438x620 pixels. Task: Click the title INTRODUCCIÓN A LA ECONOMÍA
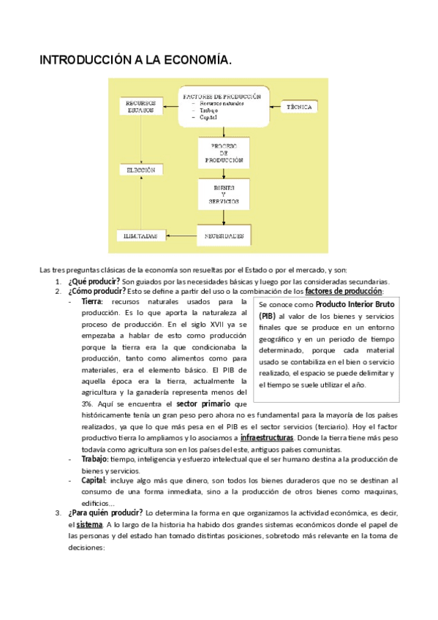[x=135, y=61]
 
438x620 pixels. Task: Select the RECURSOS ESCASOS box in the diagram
[x=140, y=107]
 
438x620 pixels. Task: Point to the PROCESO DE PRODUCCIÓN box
[x=224, y=153]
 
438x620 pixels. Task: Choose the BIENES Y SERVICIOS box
[x=224, y=194]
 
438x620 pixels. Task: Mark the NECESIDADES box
[x=224, y=236]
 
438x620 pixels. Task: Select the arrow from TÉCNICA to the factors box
[x=276, y=107]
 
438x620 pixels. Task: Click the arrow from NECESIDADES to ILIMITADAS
[x=181, y=236]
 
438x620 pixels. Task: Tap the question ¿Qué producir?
[x=94, y=281]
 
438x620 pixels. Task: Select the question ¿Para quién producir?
[x=105, y=512]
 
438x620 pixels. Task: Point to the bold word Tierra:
[x=92, y=301]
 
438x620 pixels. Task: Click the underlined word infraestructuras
[x=273, y=438]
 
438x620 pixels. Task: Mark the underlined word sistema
[x=89, y=524]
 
